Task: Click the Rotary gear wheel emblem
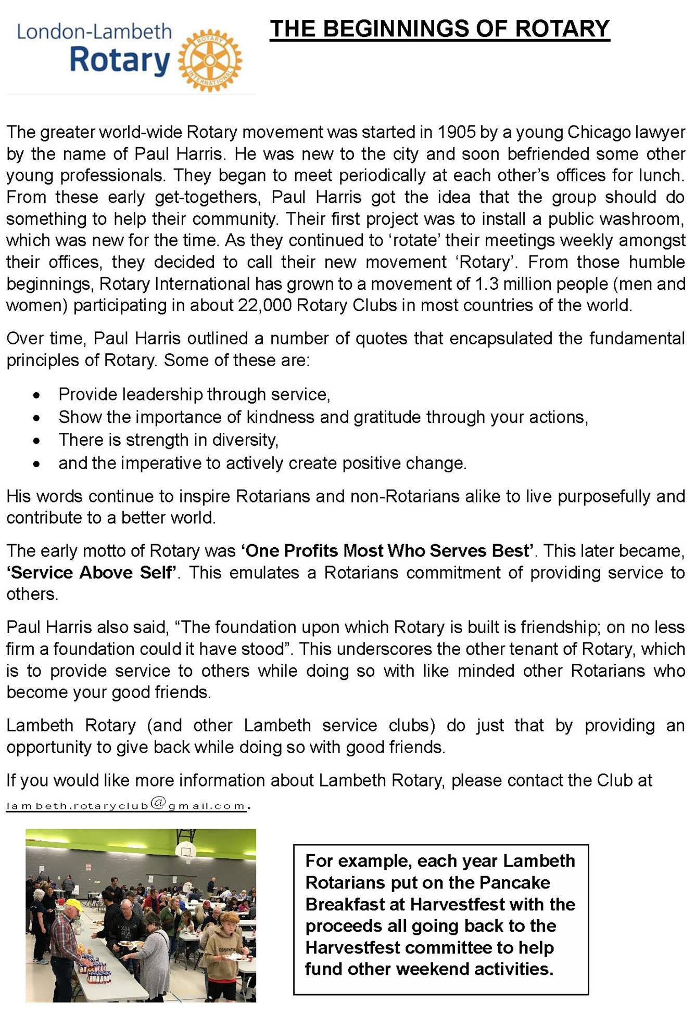coord(210,60)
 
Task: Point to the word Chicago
coord(599,132)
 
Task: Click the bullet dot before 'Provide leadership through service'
coord(36,396)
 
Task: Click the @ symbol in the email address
coord(158,804)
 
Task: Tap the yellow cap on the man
coord(74,906)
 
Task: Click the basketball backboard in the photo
coord(185,851)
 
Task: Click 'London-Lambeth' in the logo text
coord(94,32)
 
